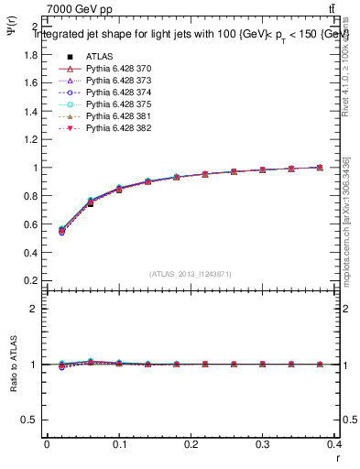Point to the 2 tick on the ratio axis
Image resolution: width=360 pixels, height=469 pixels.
pos(35,309)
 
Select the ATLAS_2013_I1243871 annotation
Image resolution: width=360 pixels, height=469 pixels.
pos(189,274)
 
